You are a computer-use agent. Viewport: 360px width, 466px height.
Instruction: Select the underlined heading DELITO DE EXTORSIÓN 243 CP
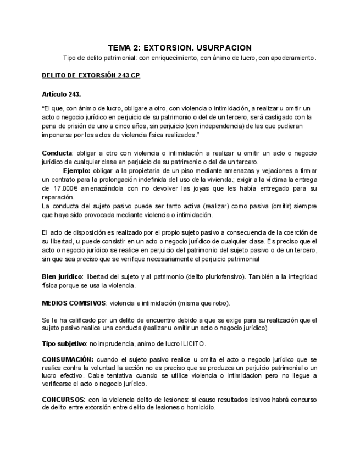(91, 75)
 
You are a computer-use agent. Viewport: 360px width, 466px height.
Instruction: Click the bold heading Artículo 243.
(62, 94)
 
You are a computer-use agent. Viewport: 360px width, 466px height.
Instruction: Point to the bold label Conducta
(57, 152)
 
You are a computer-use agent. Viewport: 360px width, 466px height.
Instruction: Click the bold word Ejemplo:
(78, 170)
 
